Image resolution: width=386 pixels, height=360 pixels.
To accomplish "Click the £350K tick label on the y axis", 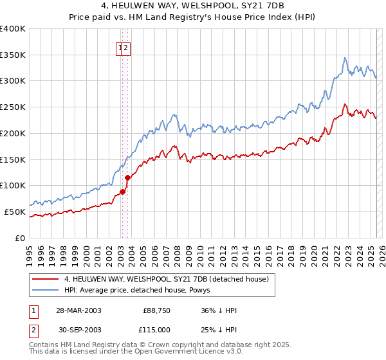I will pos(13,55).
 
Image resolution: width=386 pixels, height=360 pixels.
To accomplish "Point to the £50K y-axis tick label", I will pos(15,212).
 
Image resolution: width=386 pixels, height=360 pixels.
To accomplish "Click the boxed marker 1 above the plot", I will pos(120,48).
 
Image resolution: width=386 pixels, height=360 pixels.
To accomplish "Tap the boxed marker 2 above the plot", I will pos(127,48).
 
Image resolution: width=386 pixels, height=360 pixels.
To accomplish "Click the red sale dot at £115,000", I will pos(128,177).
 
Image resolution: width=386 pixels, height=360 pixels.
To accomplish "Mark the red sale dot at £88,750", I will pos(122,191).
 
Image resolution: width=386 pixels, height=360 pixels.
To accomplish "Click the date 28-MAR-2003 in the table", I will pos(79,311).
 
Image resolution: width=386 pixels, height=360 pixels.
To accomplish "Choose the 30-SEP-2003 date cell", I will pos(79,330).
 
